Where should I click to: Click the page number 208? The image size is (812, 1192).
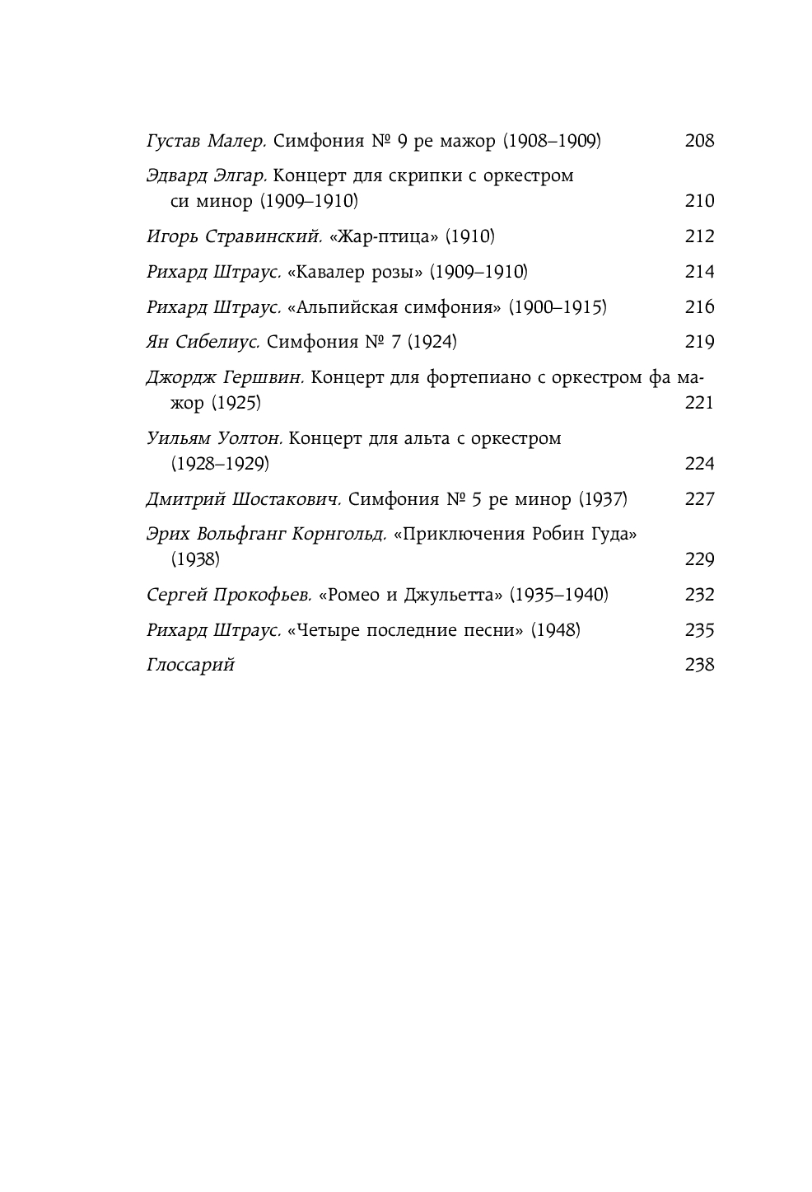(699, 141)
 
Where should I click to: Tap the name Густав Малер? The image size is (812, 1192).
(206, 141)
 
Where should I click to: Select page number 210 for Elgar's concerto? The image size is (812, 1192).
(699, 201)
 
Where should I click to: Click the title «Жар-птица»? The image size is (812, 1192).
(383, 237)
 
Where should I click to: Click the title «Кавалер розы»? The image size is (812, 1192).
(355, 273)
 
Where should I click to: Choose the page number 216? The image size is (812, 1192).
(699, 307)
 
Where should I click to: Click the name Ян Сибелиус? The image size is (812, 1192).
(203, 342)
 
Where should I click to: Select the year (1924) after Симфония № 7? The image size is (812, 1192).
(432, 342)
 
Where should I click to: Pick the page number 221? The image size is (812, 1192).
(699, 403)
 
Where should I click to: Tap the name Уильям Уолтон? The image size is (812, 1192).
(214, 438)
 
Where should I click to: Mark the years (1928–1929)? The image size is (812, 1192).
(220, 464)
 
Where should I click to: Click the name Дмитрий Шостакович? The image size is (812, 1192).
(243, 499)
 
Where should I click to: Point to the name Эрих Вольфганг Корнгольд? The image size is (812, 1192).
(266, 534)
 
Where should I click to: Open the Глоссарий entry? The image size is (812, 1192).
(190, 665)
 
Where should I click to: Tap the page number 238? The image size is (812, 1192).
(699, 665)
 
